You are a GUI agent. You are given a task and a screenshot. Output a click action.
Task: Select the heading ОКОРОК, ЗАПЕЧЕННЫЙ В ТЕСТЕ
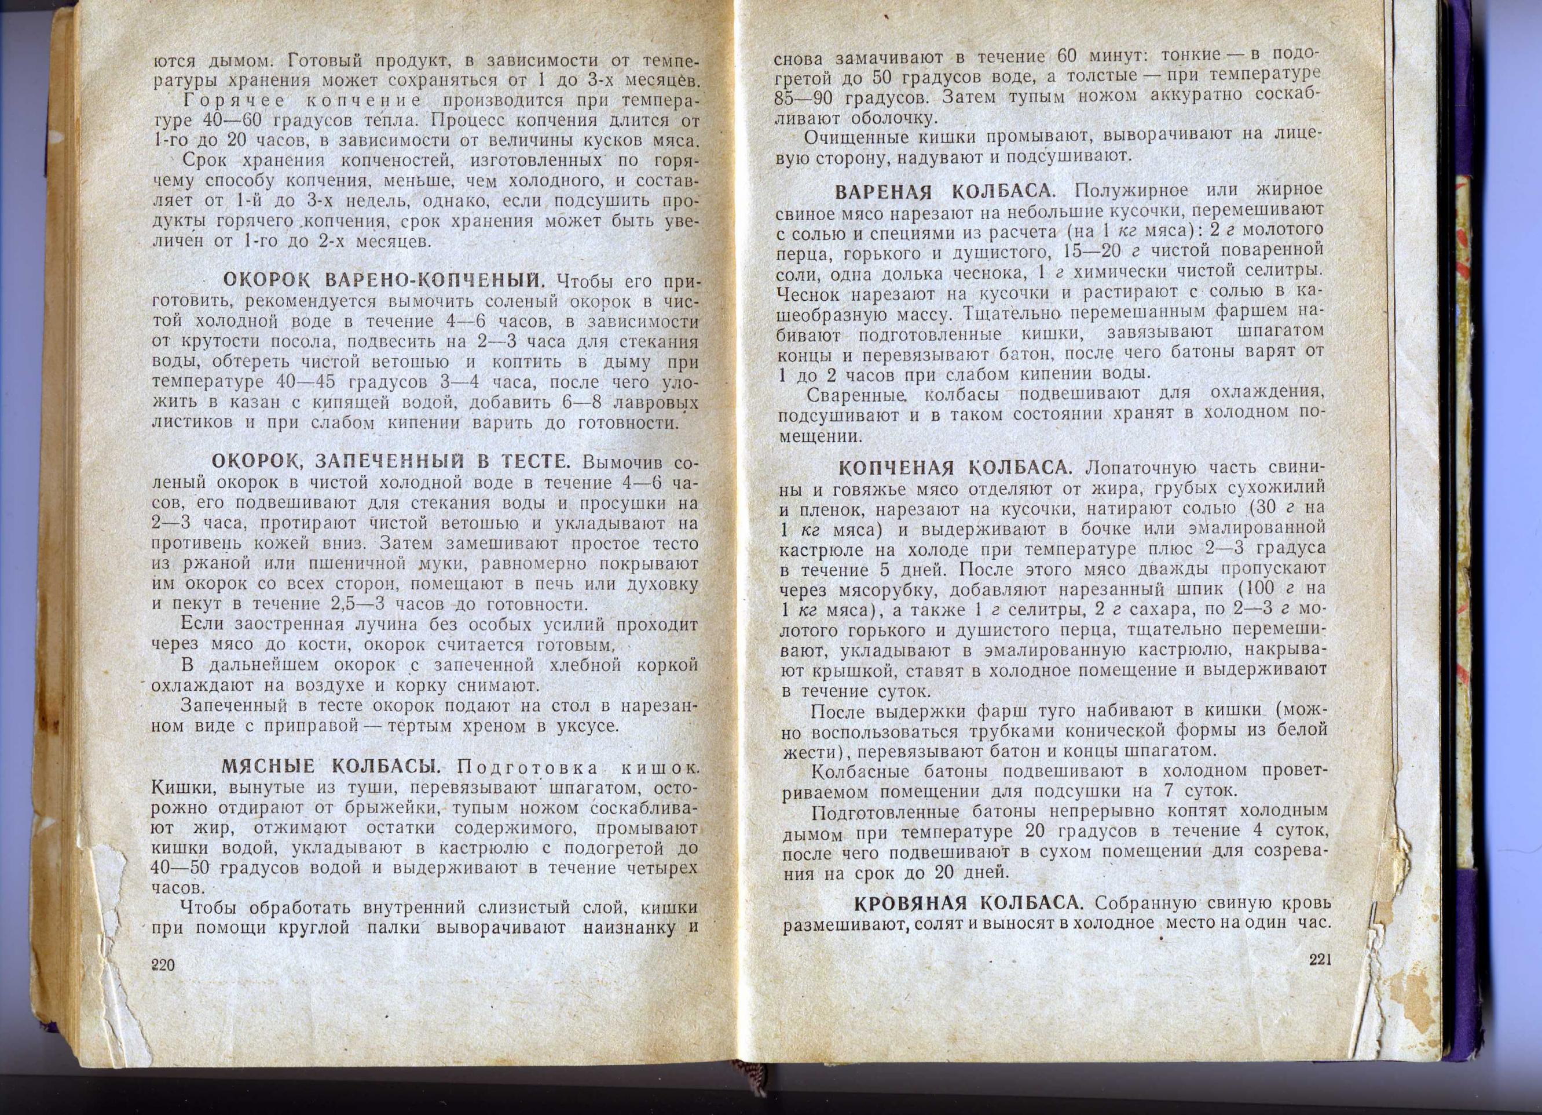pos(391,461)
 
